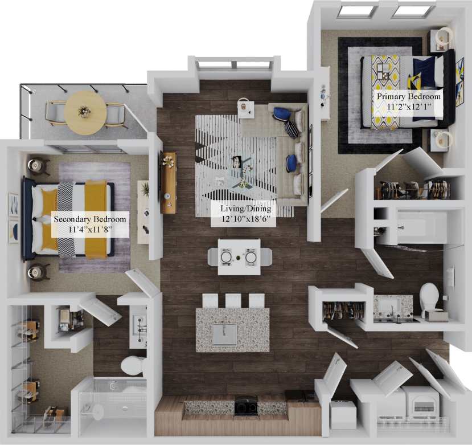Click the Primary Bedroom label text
(x=408, y=101)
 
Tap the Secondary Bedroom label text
(x=89, y=224)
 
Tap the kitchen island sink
(x=225, y=334)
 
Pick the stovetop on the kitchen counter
(x=247, y=405)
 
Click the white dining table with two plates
(x=239, y=257)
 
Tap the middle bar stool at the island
(x=233, y=300)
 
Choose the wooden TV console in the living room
(x=168, y=182)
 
